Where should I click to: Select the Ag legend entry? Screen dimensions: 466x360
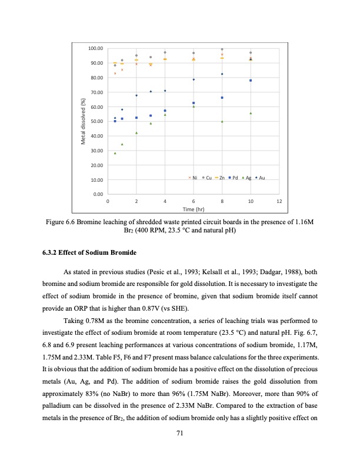pos(246,177)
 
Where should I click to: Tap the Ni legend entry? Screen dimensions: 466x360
pos(192,177)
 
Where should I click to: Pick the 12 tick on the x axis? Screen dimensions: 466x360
pos(279,201)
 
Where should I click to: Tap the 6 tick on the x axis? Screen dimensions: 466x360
pos(194,201)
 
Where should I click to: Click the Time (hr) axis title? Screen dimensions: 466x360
pos(194,209)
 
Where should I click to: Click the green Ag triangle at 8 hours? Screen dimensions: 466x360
pos(222,121)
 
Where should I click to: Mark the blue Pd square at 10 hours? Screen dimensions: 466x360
pos(251,80)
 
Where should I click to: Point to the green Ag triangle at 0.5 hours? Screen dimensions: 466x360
pos(115,153)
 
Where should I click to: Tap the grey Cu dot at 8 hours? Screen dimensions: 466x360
pos(222,49)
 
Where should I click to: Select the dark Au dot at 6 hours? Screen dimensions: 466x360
pos(194,79)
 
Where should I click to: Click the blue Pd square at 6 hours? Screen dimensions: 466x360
pos(194,103)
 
